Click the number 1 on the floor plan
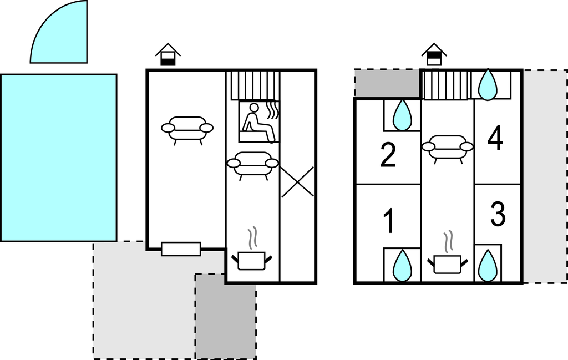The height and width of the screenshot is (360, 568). pos(389,221)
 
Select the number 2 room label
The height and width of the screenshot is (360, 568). pos(388,155)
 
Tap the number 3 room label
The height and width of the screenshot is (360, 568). pos(498,214)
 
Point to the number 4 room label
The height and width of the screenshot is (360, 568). pos(495,138)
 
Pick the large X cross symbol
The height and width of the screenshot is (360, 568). pos(297,182)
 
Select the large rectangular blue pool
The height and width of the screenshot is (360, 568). pos(59,158)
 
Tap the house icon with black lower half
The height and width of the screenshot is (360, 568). pos(168,55)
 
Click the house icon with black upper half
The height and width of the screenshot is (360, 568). pos(434,55)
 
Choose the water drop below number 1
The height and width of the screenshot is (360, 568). pos(403,266)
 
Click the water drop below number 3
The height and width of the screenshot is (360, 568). pos(488,266)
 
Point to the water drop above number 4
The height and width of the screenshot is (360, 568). pos(488,84)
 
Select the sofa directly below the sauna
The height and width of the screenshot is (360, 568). pos(253,165)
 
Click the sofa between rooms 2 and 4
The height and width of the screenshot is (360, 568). pos(448,148)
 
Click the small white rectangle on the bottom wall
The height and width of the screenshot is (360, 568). pos(181,249)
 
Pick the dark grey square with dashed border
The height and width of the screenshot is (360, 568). pos(226,316)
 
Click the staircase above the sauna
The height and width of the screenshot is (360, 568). pos(255,85)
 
